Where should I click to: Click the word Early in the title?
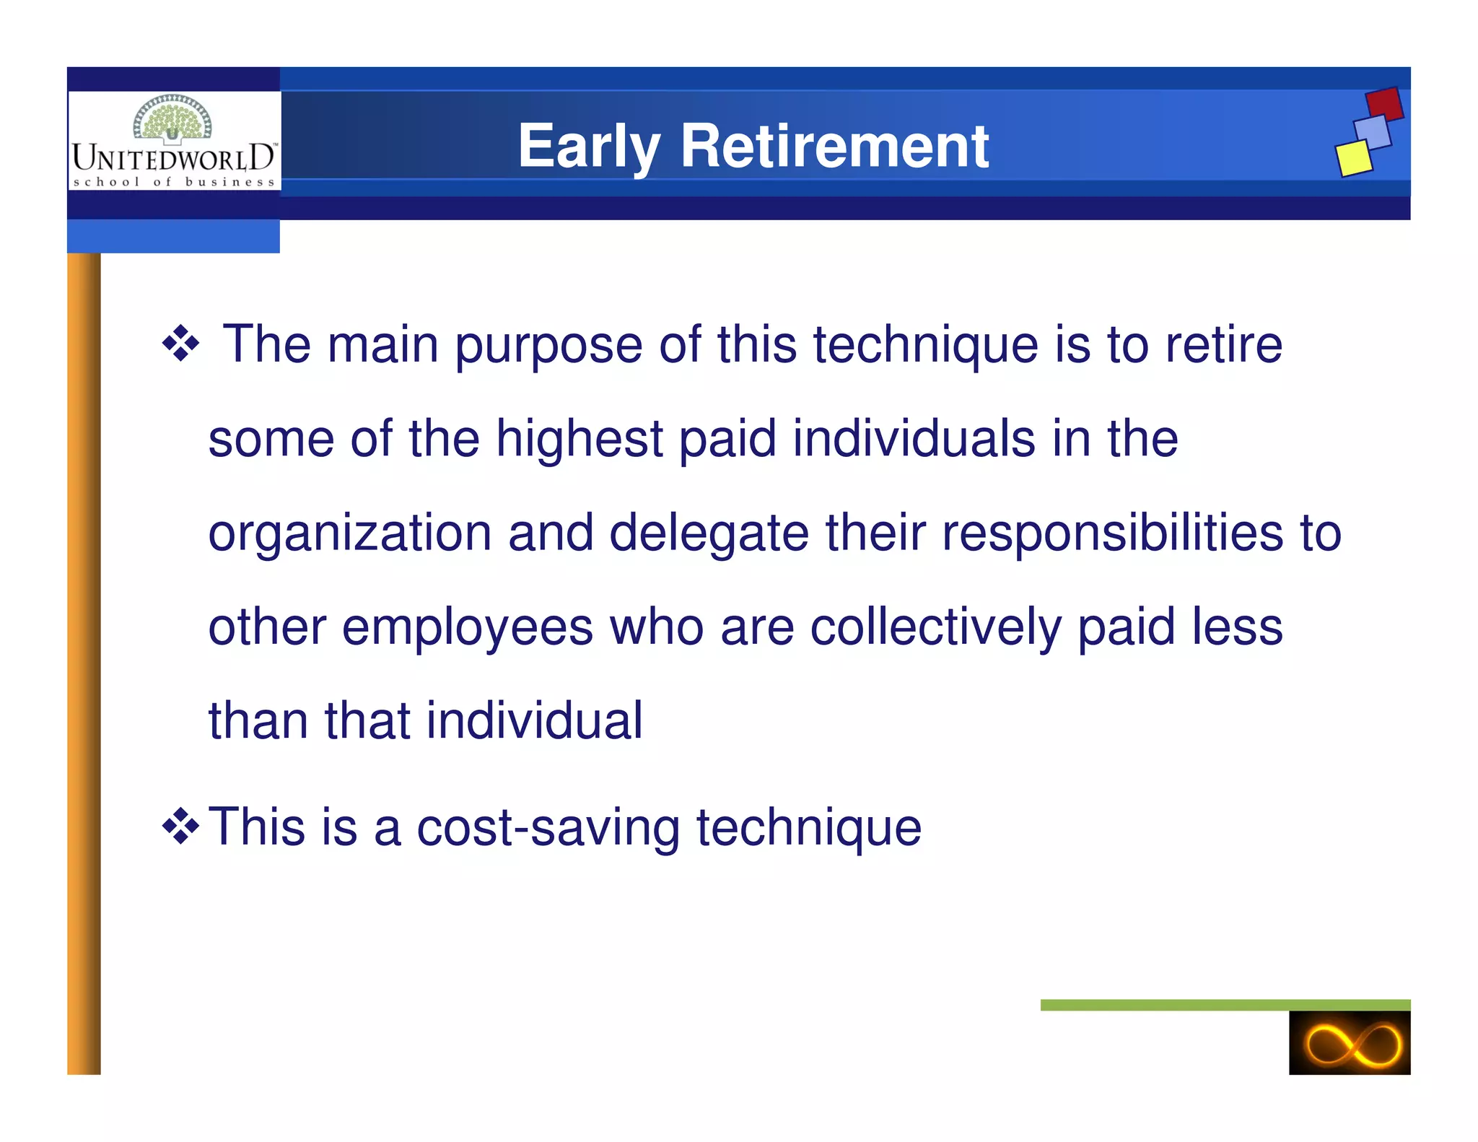pyautogui.click(x=589, y=147)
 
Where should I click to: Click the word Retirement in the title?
pyautogui.click(x=834, y=147)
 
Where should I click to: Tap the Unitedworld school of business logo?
pyautogui.click(x=174, y=141)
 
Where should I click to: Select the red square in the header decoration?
pyautogui.click(x=1384, y=104)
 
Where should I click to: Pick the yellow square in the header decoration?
pyautogui.click(x=1353, y=157)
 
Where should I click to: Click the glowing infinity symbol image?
pyautogui.click(x=1349, y=1042)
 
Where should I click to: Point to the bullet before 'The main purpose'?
pyautogui.click(x=180, y=344)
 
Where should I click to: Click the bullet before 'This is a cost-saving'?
pyautogui.click(x=180, y=827)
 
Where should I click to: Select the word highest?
pyautogui.click(x=579, y=439)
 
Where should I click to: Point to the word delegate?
pyautogui.click(x=709, y=533)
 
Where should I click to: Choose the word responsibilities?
pyautogui.click(x=1112, y=533)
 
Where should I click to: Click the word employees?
pyautogui.click(x=467, y=627)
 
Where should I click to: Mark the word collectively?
pyautogui.click(x=935, y=627)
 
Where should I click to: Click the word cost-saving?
pyautogui.click(x=548, y=827)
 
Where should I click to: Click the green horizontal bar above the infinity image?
pyautogui.click(x=1225, y=1005)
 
